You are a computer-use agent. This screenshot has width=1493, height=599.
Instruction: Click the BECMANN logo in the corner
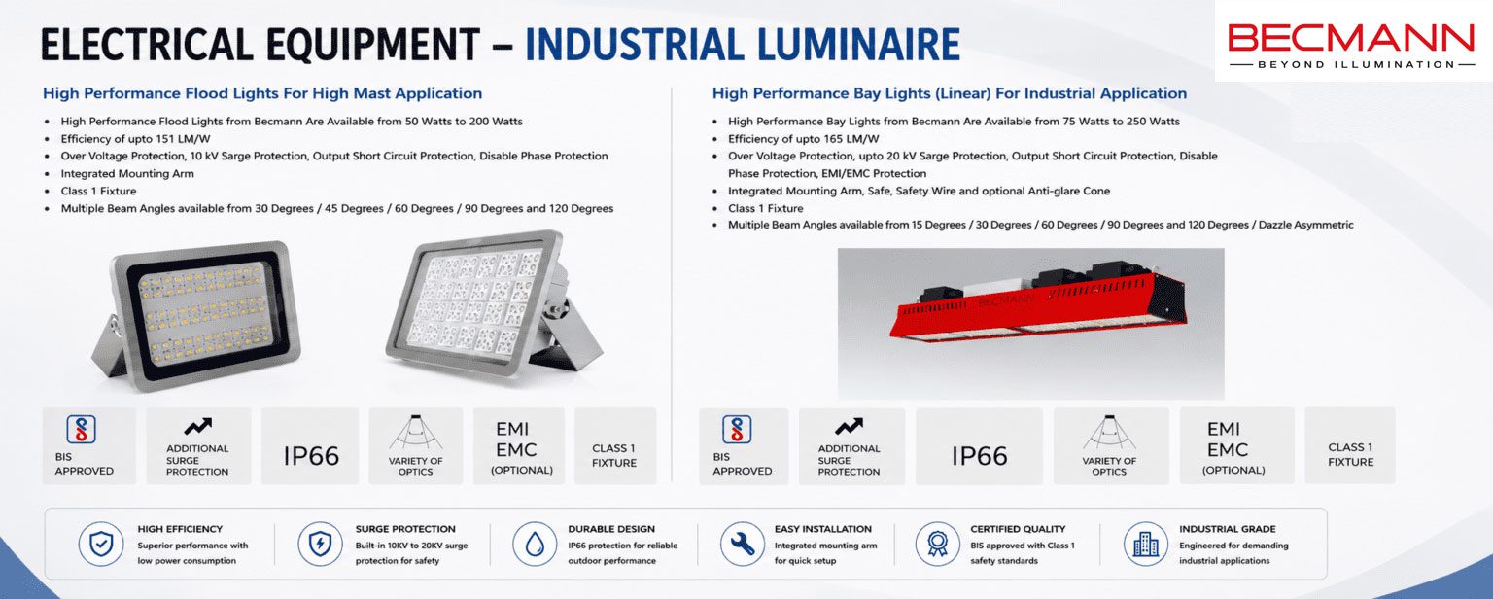click(x=1352, y=45)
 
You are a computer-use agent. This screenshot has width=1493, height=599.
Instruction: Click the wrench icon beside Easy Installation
click(x=743, y=544)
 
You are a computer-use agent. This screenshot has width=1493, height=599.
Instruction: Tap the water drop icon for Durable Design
click(x=535, y=544)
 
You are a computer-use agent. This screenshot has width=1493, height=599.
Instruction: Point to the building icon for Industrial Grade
click(x=1146, y=544)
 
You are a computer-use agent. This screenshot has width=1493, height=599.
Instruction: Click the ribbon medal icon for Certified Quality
click(x=937, y=544)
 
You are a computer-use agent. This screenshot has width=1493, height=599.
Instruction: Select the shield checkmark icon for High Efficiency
click(x=101, y=544)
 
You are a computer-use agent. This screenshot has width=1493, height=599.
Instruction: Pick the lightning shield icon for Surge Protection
click(x=320, y=544)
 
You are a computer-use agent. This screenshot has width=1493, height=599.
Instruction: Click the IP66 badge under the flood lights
click(x=310, y=446)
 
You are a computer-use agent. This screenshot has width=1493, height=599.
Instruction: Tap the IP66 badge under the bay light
click(x=979, y=446)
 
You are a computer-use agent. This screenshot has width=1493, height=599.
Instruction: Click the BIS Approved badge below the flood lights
click(x=89, y=446)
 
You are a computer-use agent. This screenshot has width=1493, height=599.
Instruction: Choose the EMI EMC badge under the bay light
click(x=1237, y=446)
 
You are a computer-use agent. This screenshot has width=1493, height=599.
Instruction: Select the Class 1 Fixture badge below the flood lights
click(x=615, y=446)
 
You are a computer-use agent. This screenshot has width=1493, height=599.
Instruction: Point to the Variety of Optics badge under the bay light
click(x=1111, y=446)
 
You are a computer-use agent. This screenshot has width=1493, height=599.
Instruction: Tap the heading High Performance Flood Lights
click(x=261, y=93)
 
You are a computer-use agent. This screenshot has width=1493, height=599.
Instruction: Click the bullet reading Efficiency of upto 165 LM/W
click(x=803, y=139)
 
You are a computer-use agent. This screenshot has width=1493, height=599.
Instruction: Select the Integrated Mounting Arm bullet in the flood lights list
click(x=127, y=173)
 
